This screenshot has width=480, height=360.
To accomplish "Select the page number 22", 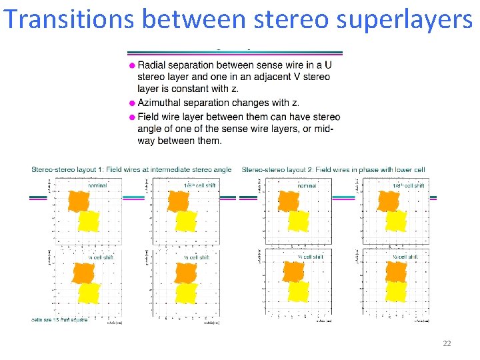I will pyautogui.click(x=447, y=343).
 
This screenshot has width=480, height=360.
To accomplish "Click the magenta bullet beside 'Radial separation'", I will pyautogui.click(x=132, y=65).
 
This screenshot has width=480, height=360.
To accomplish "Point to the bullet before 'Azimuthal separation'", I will pyautogui.click(x=132, y=103).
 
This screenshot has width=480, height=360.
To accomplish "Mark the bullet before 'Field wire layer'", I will pyautogui.click(x=132, y=117).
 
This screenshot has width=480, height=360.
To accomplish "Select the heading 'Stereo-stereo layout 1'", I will pyautogui.click(x=131, y=169).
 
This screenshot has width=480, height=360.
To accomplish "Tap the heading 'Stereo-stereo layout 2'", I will pyautogui.click(x=333, y=169).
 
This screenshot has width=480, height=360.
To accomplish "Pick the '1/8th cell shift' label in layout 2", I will pyautogui.click(x=407, y=185).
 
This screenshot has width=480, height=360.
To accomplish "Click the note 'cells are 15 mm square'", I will pyautogui.click(x=59, y=320).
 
